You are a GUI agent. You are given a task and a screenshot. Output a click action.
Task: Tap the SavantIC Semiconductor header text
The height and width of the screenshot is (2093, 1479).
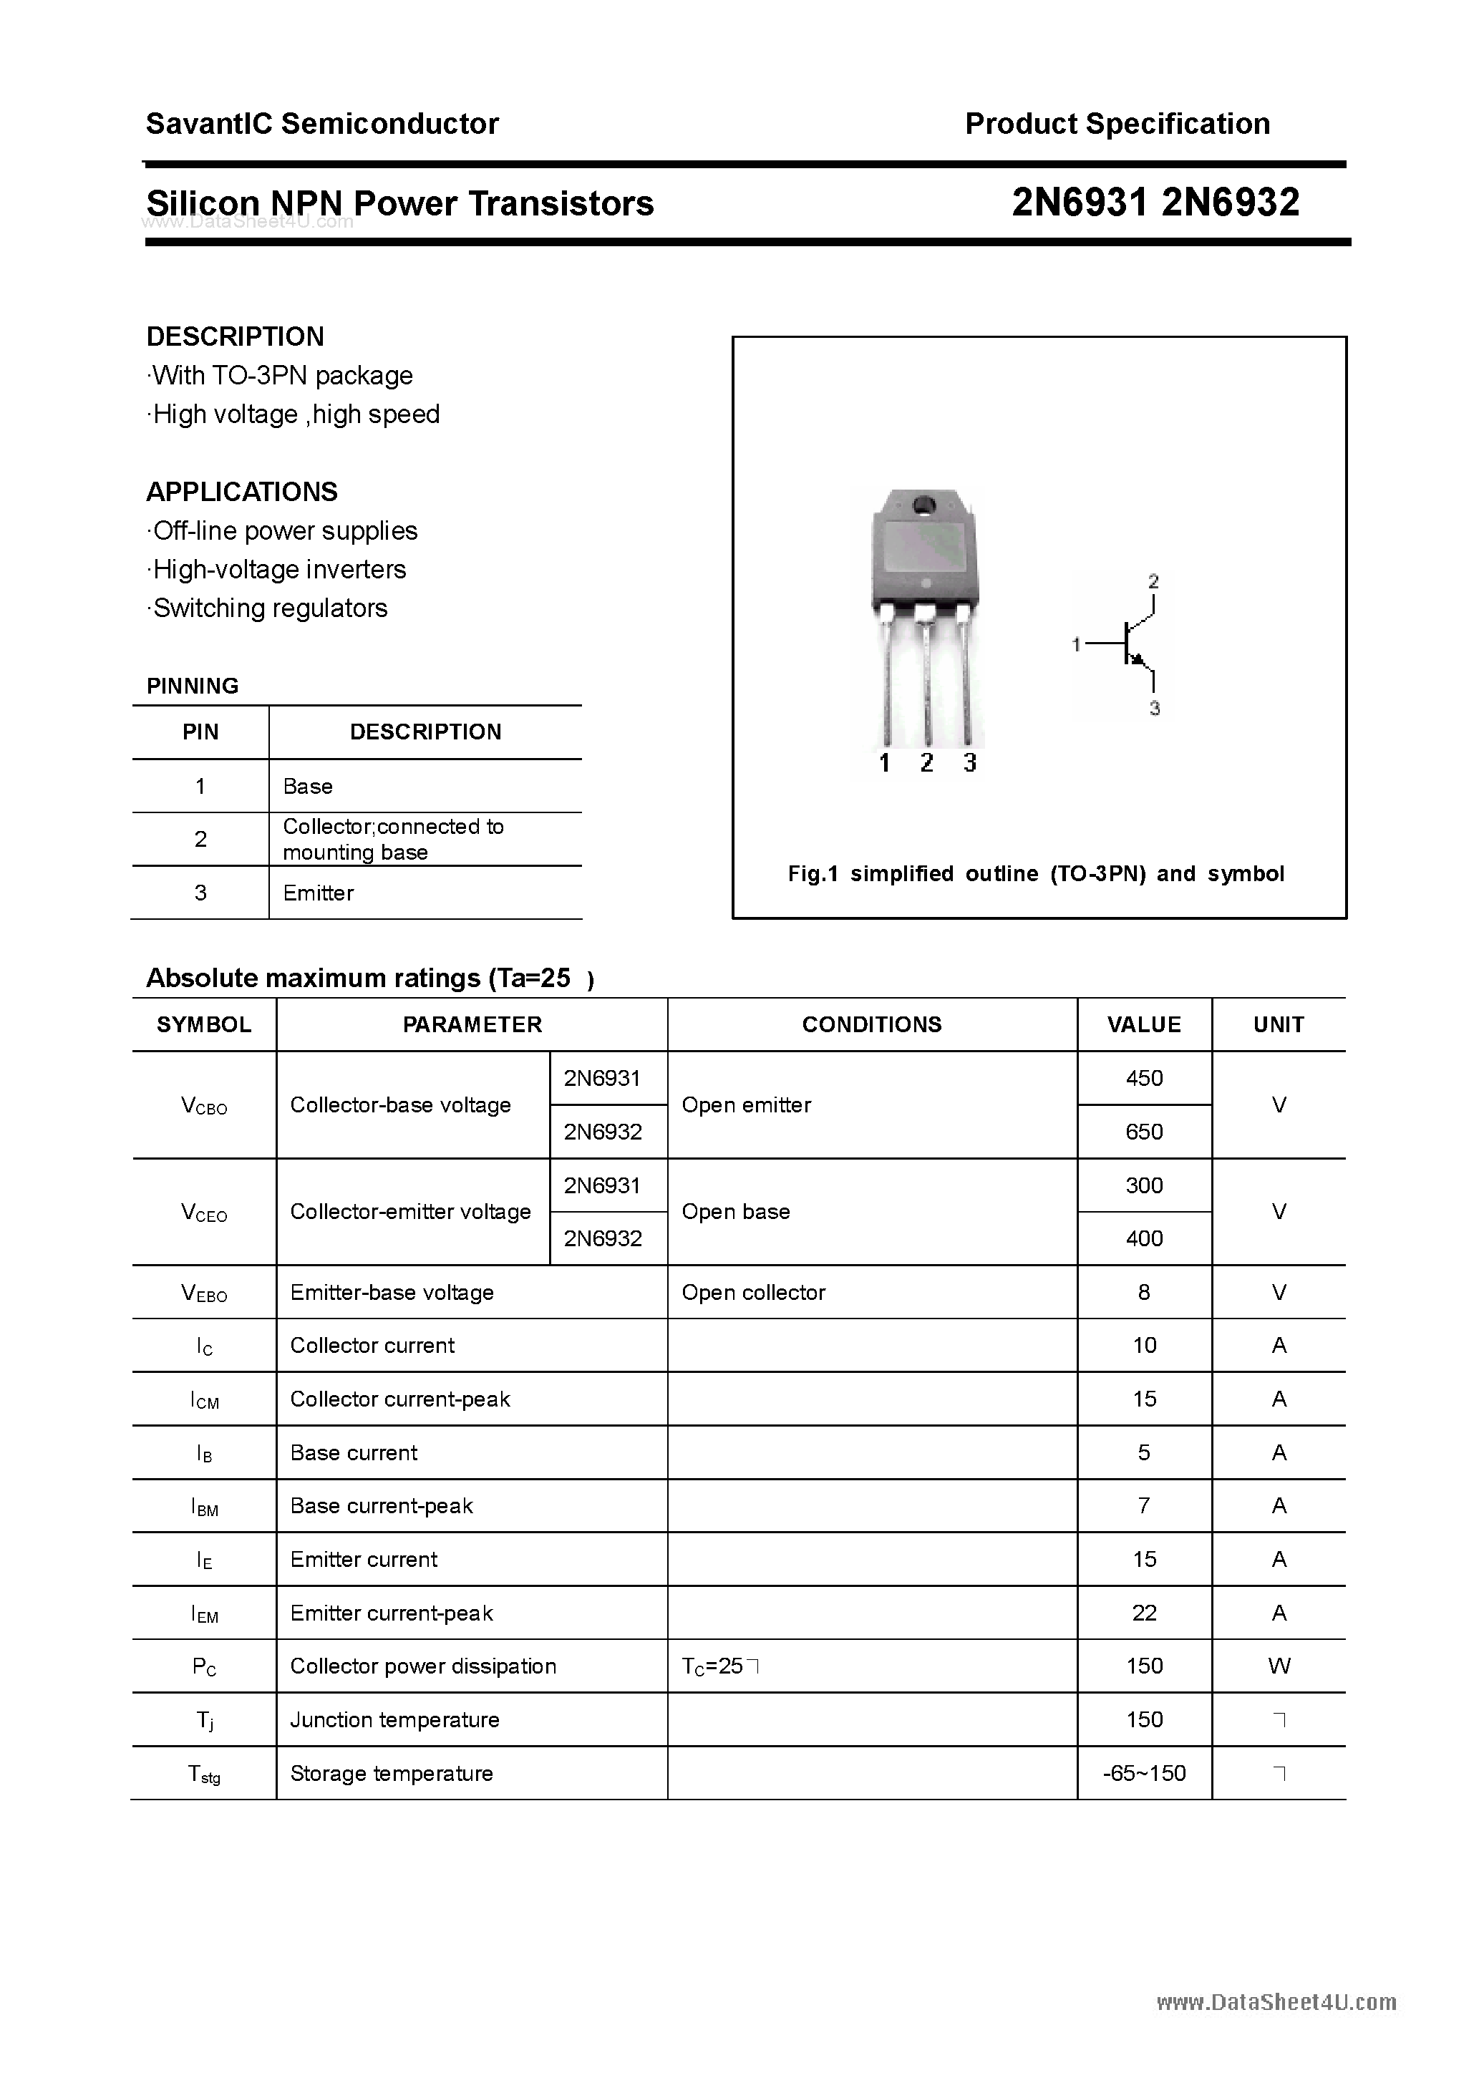point(322,124)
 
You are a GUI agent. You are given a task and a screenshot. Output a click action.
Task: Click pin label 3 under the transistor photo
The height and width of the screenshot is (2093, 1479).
point(969,763)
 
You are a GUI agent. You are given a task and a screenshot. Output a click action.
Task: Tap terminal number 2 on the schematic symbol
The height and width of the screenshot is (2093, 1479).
point(1153,581)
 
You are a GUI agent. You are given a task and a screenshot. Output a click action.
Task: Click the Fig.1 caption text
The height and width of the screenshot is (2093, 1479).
point(1036,873)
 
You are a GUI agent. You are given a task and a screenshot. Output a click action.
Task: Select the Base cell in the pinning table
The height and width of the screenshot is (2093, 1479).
point(309,786)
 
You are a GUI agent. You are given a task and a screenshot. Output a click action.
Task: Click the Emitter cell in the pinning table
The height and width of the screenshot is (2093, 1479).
point(319,893)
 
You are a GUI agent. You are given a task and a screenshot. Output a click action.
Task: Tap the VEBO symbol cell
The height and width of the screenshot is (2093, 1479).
point(204,1293)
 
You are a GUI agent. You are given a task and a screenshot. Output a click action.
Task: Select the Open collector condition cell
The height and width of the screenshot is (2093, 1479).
point(753,1292)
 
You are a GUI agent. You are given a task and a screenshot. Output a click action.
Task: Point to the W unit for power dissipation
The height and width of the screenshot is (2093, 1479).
point(1279,1666)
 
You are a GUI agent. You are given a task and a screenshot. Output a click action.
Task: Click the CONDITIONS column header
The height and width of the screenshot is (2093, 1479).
point(872,1024)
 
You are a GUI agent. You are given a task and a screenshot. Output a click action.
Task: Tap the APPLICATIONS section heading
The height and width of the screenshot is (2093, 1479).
point(242,492)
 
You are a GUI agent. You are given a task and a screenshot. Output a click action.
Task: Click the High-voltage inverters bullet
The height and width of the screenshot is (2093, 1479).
point(279,570)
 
